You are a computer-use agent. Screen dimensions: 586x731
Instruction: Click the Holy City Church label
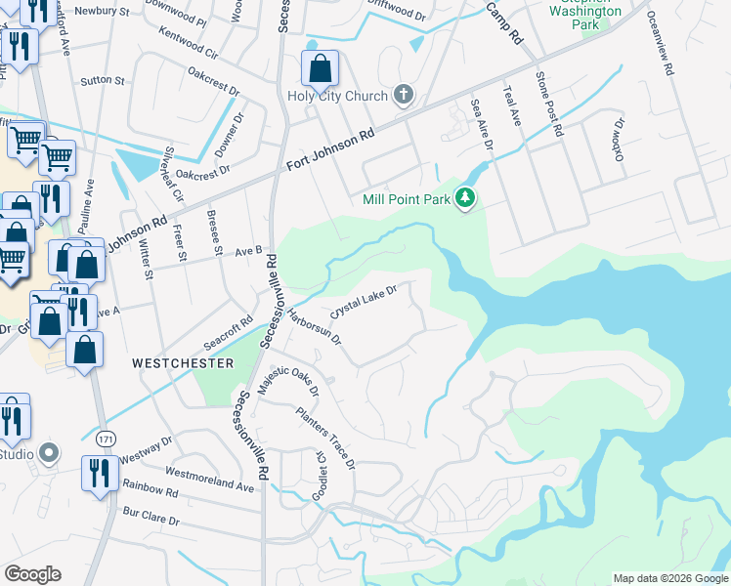point(337,96)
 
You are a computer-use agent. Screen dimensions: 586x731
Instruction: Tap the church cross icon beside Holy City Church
point(402,95)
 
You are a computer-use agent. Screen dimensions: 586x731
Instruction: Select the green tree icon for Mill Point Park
point(466,199)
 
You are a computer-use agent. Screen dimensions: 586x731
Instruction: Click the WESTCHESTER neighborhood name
point(184,363)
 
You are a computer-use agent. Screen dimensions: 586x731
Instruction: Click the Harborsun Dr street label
point(314,326)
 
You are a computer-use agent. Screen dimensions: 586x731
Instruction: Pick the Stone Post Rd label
point(549,104)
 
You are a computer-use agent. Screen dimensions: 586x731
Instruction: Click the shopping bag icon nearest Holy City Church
point(320,69)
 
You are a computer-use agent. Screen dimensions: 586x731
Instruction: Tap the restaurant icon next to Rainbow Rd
point(97,475)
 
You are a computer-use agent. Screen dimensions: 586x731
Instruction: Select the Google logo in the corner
point(32,574)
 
